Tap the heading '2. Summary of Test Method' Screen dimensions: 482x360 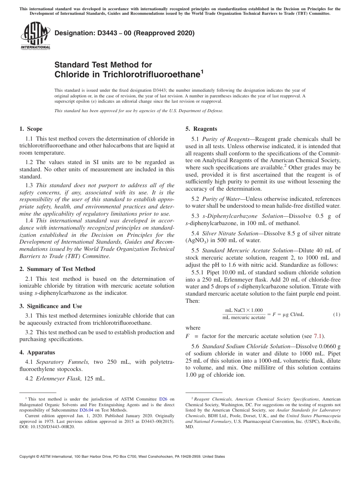point(57,269)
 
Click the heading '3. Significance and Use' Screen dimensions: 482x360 point(50,306)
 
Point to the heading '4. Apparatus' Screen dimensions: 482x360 point(37,352)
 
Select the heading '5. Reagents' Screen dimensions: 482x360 point(201,129)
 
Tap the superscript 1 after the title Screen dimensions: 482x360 point(202,72)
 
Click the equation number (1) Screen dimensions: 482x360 point(337,315)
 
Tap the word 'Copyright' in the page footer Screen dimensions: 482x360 point(29,457)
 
